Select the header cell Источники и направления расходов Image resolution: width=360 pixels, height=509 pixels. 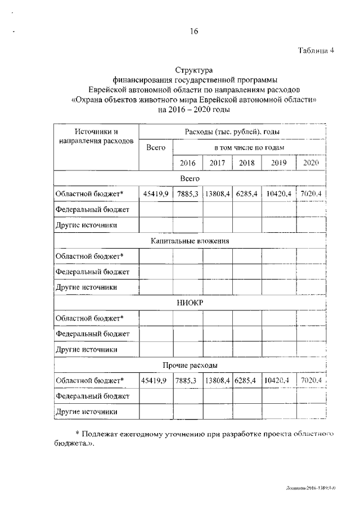tap(96, 136)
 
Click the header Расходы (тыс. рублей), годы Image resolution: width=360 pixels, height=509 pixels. tap(232, 132)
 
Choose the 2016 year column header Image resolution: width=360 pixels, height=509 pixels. tap(187, 163)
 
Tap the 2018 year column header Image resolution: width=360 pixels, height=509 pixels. tap(246, 163)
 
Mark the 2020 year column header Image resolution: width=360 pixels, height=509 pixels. tap(310, 163)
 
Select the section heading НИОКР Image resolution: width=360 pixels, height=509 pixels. tap(190, 303)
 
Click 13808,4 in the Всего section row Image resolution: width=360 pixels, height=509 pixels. tap(217, 193)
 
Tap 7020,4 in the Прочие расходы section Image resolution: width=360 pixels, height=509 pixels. tap(310, 381)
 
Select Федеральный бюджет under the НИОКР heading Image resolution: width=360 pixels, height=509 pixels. tap(92, 334)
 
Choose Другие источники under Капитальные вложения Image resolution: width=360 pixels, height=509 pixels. tap(86, 287)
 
